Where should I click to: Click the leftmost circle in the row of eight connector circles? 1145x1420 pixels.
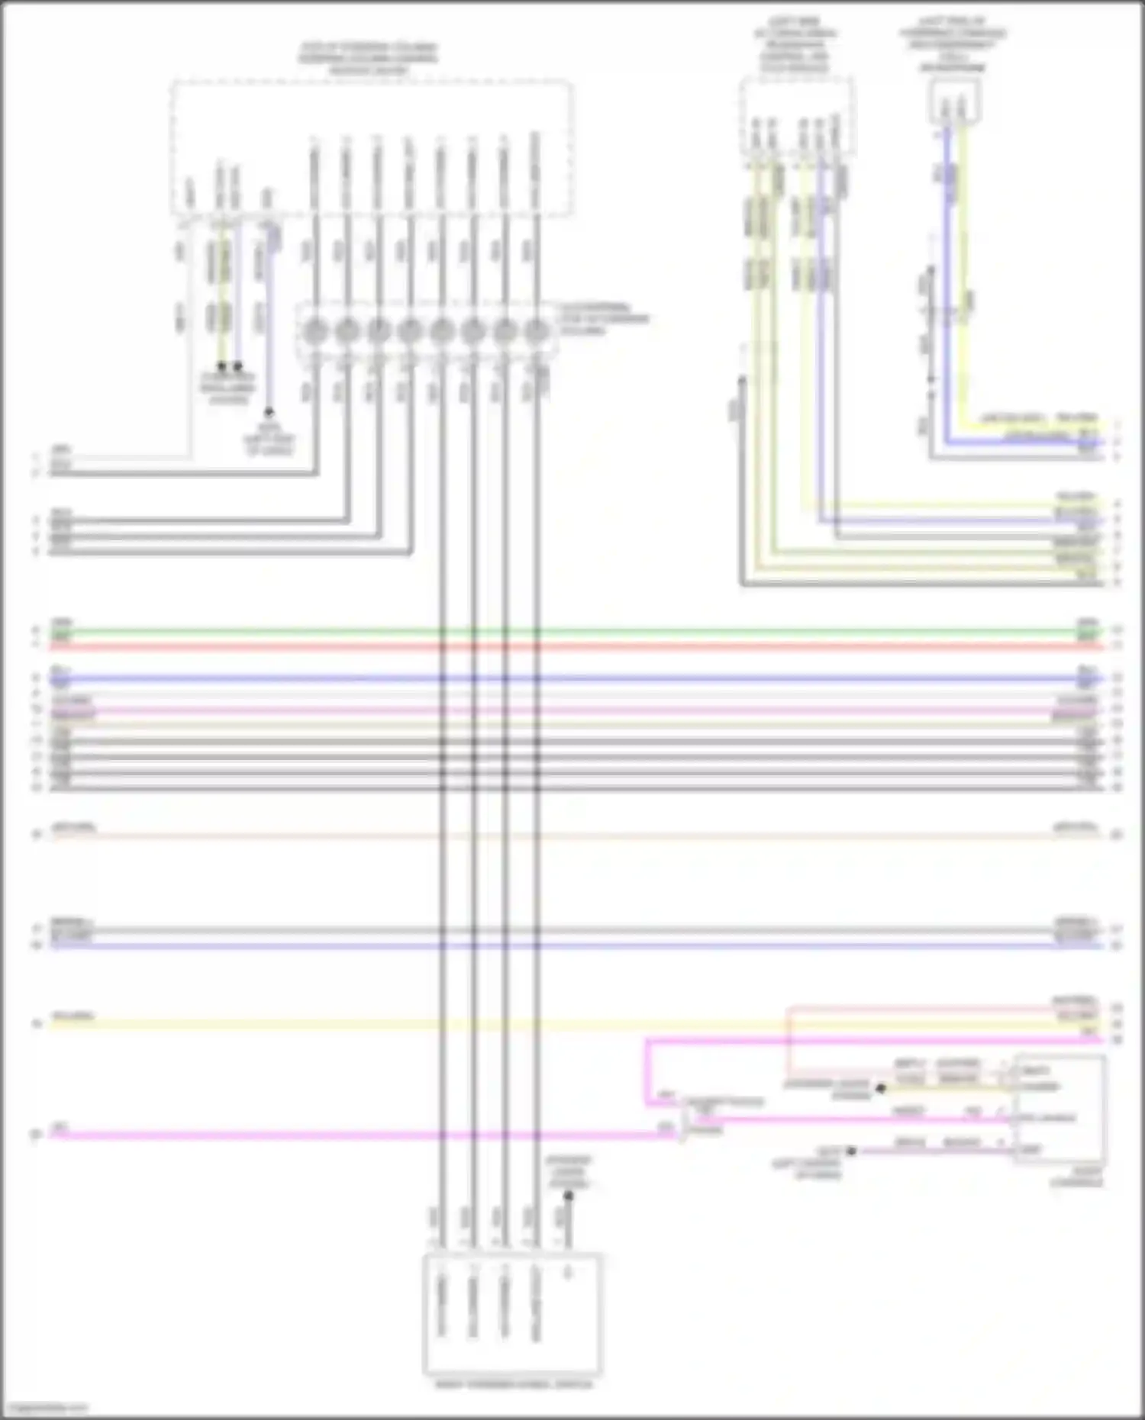click(x=315, y=333)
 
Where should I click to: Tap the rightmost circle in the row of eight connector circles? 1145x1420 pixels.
click(x=537, y=333)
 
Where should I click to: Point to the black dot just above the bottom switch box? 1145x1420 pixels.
click(x=568, y=1196)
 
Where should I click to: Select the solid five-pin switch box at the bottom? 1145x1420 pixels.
click(x=512, y=1313)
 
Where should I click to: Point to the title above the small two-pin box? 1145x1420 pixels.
click(x=952, y=44)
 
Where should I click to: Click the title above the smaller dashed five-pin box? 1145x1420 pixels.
click(x=795, y=46)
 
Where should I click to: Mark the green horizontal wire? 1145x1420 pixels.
click(x=572, y=632)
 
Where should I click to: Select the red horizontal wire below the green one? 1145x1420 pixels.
click(x=572, y=647)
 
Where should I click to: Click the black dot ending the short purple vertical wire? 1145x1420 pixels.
click(x=268, y=411)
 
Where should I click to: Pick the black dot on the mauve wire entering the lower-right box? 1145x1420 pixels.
click(x=852, y=1151)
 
